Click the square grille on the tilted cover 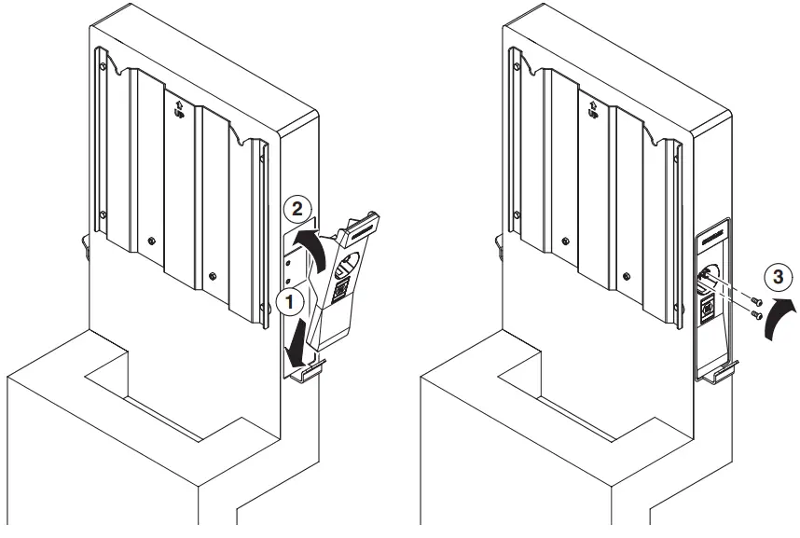(x=341, y=290)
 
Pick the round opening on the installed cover (x=710, y=277)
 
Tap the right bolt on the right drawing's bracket (x=627, y=275)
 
